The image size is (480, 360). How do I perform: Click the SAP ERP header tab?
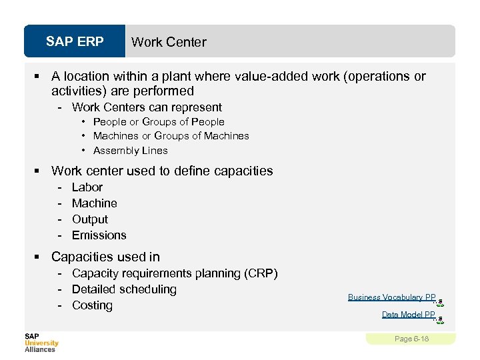click(x=75, y=42)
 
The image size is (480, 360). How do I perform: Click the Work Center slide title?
click(x=169, y=42)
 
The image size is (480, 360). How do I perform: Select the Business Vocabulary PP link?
click(x=391, y=297)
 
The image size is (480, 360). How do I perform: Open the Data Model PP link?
click(x=408, y=315)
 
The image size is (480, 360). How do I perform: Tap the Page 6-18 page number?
click(x=411, y=339)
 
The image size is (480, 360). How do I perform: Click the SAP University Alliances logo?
click(x=41, y=343)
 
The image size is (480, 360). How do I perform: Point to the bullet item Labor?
click(x=87, y=187)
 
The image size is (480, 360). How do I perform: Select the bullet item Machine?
click(x=94, y=203)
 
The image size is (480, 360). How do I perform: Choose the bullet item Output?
click(x=89, y=219)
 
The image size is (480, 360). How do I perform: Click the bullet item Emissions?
click(x=99, y=235)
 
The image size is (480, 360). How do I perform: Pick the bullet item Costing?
click(x=92, y=305)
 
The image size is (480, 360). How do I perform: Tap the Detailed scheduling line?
click(x=124, y=289)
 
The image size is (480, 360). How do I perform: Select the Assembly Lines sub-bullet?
click(x=130, y=151)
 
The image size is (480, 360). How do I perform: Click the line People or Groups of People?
click(x=159, y=122)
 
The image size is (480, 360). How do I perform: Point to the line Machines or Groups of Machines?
click(x=171, y=136)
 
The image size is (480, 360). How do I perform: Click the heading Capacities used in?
click(x=105, y=257)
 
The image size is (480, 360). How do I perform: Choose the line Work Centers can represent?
click(x=147, y=107)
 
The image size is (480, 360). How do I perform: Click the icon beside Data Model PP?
click(x=440, y=319)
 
